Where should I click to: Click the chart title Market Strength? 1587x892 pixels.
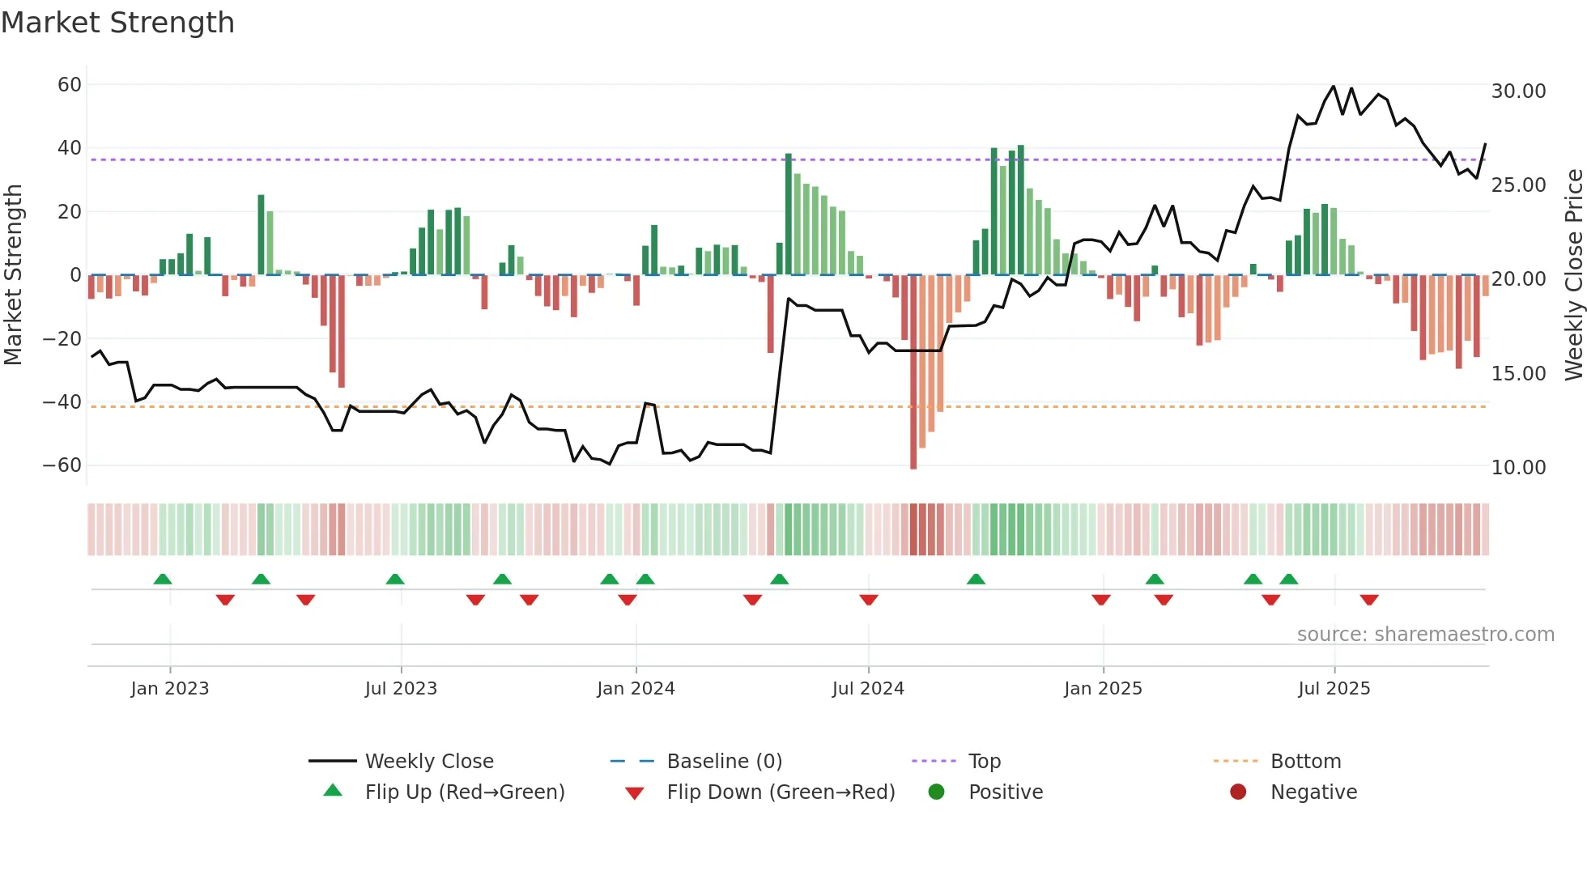[x=117, y=23]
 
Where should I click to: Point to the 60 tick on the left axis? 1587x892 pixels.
[x=70, y=85]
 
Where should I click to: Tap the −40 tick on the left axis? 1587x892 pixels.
[x=62, y=402]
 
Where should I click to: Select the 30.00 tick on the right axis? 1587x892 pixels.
[x=1518, y=91]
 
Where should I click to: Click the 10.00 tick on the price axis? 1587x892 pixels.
[x=1518, y=468]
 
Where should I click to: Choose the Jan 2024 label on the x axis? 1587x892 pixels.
[x=636, y=689]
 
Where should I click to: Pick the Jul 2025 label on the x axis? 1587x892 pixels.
[x=1334, y=689]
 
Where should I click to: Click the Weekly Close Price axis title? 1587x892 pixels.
[x=1573, y=275]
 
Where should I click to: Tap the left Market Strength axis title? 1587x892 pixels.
[x=14, y=275]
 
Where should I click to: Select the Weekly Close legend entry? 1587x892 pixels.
[x=429, y=762]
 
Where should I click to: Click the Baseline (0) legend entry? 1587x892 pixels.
[x=724, y=762]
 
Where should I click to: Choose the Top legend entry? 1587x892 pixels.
[x=985, y=762]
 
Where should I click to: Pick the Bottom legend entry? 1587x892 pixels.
[x=1305, y=762]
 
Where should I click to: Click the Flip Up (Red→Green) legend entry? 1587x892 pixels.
[x=464, y=792]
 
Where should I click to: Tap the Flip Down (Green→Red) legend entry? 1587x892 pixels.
[x=781, y=792]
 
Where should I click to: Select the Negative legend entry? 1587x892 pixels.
[x=1313, y=792]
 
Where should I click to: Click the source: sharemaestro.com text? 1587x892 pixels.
[x=1425, y=635]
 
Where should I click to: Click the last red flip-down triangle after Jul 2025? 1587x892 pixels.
[x=1369, y=600]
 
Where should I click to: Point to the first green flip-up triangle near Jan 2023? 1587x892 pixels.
[x=163, y=579]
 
